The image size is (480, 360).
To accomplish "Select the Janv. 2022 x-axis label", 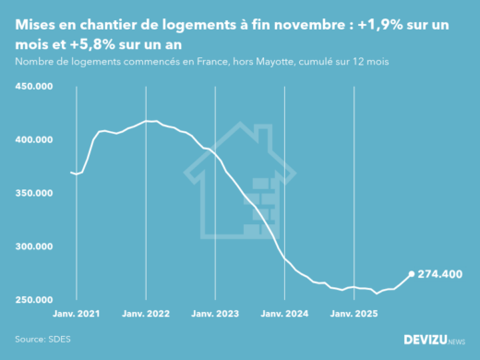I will pyautogui.click(x=145, y=314).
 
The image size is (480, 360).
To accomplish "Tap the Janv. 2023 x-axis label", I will pyautogui.click(x=215, y=314).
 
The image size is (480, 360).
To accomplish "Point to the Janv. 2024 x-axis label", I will pyautogui.click(x=285, y=314).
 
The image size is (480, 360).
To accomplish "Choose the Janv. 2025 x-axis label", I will pyautogui.click(x=354, y=314).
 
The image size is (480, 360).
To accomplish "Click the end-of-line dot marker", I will pyautogui.click(x=412, y=274).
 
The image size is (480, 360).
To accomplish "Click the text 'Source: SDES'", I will pyautogui.click(x=41, y=339).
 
